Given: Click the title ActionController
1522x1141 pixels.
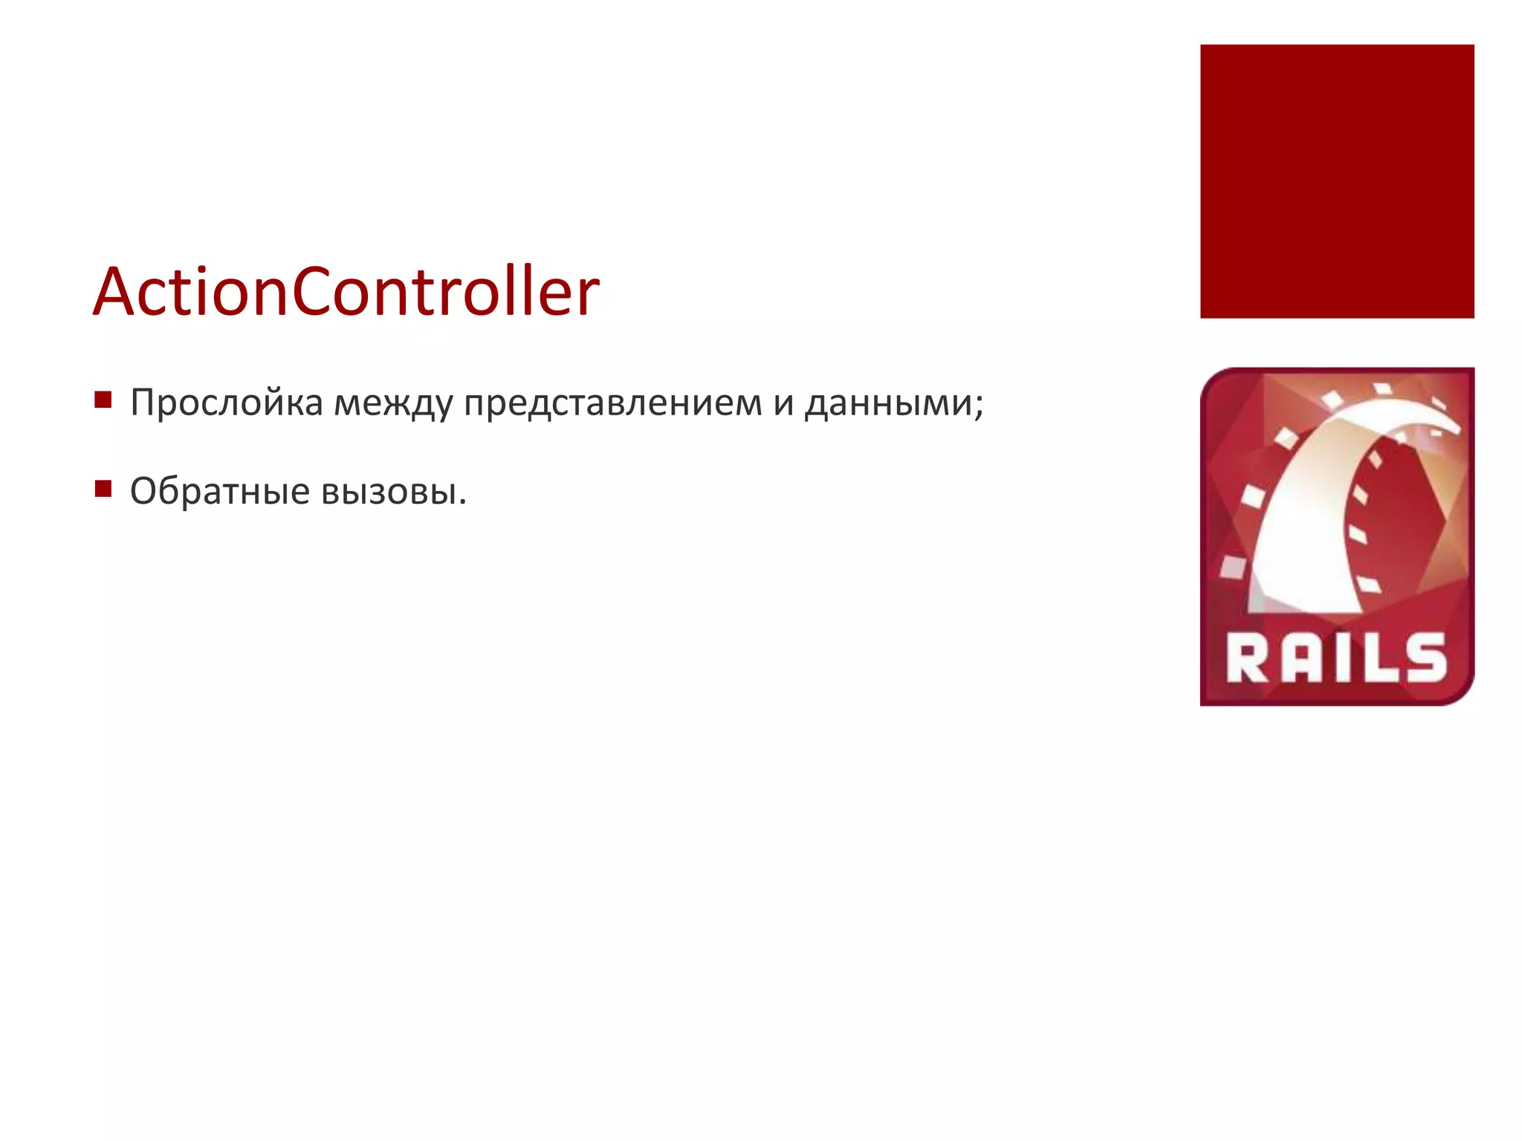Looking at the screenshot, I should click(346, 291).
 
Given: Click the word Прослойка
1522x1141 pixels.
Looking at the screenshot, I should click(227, 403).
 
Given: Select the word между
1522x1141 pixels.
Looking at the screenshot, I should click(393, 403).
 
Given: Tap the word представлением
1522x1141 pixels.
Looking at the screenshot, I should click(613, 403).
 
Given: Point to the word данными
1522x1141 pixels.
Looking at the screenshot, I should click(889, 403).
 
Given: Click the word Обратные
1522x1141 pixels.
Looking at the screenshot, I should click(219, 491).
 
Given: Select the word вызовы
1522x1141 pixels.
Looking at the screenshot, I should click(393, 491).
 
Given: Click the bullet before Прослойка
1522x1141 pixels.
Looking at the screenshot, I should click(103, 401).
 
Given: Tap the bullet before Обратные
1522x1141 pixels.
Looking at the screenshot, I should click(103, 489).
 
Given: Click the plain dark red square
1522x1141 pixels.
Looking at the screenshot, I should click(1337, 181).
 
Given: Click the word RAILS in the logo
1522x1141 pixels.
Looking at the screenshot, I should click(1336, 658).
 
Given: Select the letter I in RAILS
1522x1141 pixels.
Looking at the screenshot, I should click(1339, 659).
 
